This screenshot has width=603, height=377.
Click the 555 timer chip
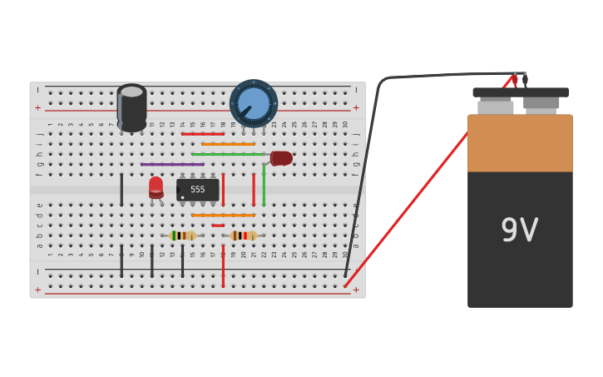[x=198, y=190]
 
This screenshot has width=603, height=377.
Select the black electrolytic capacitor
[x=131, y=108]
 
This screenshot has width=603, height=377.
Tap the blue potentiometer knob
[x=253, y=102]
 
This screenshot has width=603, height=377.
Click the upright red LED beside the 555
[x=156, y=186]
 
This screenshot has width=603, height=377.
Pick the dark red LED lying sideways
[x=281, y=158]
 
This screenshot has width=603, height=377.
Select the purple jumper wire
[x=172, y=164]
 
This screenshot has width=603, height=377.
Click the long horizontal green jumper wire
[x=228, y=154]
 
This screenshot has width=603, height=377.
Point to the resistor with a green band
[x=182, y=236]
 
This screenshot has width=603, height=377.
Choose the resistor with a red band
[x=244, y=236]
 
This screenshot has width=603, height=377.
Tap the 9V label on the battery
[x=519, y=231]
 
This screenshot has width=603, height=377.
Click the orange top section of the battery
[x=520, y=143]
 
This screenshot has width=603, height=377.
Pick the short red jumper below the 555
[x=218, y=226]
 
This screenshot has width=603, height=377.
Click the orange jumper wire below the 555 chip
[x=223, y=216]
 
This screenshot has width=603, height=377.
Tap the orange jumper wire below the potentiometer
[x=228, y=144]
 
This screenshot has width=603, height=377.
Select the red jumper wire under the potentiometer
[x=203, y=133]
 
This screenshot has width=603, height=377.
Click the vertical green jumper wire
[x=264, y=185]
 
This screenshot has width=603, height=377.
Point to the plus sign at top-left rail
[x=37, y=107]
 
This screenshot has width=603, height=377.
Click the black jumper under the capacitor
[x=121, y=189]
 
